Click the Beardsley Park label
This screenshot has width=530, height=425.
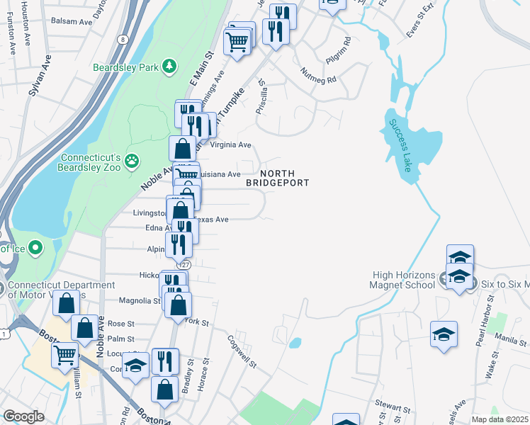[126, 68]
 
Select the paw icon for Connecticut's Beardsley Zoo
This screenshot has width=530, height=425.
[132, 161]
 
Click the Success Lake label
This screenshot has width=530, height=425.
[400, 145]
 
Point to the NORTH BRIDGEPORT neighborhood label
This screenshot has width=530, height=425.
[277, 178]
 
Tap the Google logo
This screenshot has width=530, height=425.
[23, 416]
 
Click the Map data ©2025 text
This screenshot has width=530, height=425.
[500, 419]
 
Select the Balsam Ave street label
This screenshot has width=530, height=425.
[76, 22]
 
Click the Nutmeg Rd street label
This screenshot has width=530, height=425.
[317, 72]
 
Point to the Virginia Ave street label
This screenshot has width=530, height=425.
[231, 145]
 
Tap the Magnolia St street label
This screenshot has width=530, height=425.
[140, 300]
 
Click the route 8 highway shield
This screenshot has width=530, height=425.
[123, 40]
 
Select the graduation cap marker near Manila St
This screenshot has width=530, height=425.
[444, 334]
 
